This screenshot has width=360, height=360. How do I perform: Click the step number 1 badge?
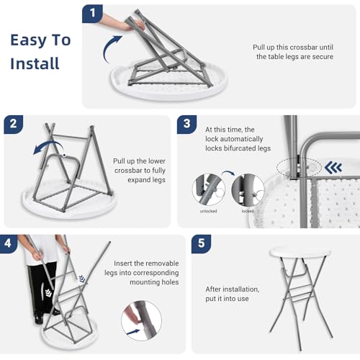(x=92, y=14)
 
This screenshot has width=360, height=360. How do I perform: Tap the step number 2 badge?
(x=14, y=125)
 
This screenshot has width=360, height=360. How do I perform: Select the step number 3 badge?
(x=187, y=125)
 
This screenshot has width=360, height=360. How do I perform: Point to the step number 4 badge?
(x=8, y=243)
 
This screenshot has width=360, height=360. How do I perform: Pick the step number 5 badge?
(x=202, y=243)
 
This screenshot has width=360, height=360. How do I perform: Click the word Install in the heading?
(x=35, y=63)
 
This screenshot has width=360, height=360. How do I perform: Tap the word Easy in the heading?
(x=27, y=40)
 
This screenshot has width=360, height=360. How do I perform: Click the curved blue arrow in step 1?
(x=111, y=49)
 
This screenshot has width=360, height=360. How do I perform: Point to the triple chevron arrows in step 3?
(x=333, y=167)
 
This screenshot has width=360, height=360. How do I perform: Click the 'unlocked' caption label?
(x=208, y=211)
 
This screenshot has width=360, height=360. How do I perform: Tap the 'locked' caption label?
(x=248, y=211)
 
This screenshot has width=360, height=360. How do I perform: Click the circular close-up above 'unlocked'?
(x=209, y=190)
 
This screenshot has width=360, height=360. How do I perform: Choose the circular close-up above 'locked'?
(x=248, y=190)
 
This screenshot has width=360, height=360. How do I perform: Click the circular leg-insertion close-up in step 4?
(x=142, y=321)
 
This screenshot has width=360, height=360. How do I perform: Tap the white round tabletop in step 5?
(x=300, y=253)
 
